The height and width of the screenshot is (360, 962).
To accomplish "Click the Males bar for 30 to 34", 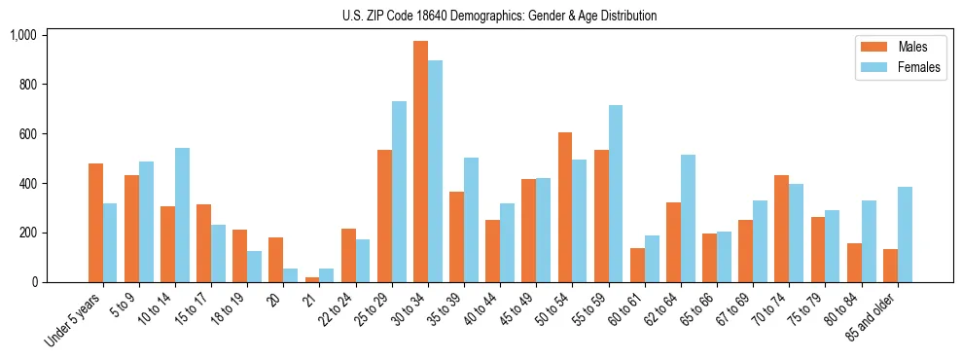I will (420, 162).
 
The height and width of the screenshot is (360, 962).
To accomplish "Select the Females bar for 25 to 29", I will (399, 192).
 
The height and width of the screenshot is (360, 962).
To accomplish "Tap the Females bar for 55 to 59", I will (616, 194).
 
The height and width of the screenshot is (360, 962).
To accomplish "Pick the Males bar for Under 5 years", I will (95, 223).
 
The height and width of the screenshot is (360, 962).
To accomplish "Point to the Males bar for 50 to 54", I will (565, 207).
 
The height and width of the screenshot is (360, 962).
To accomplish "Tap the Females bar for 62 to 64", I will (688, 218).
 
